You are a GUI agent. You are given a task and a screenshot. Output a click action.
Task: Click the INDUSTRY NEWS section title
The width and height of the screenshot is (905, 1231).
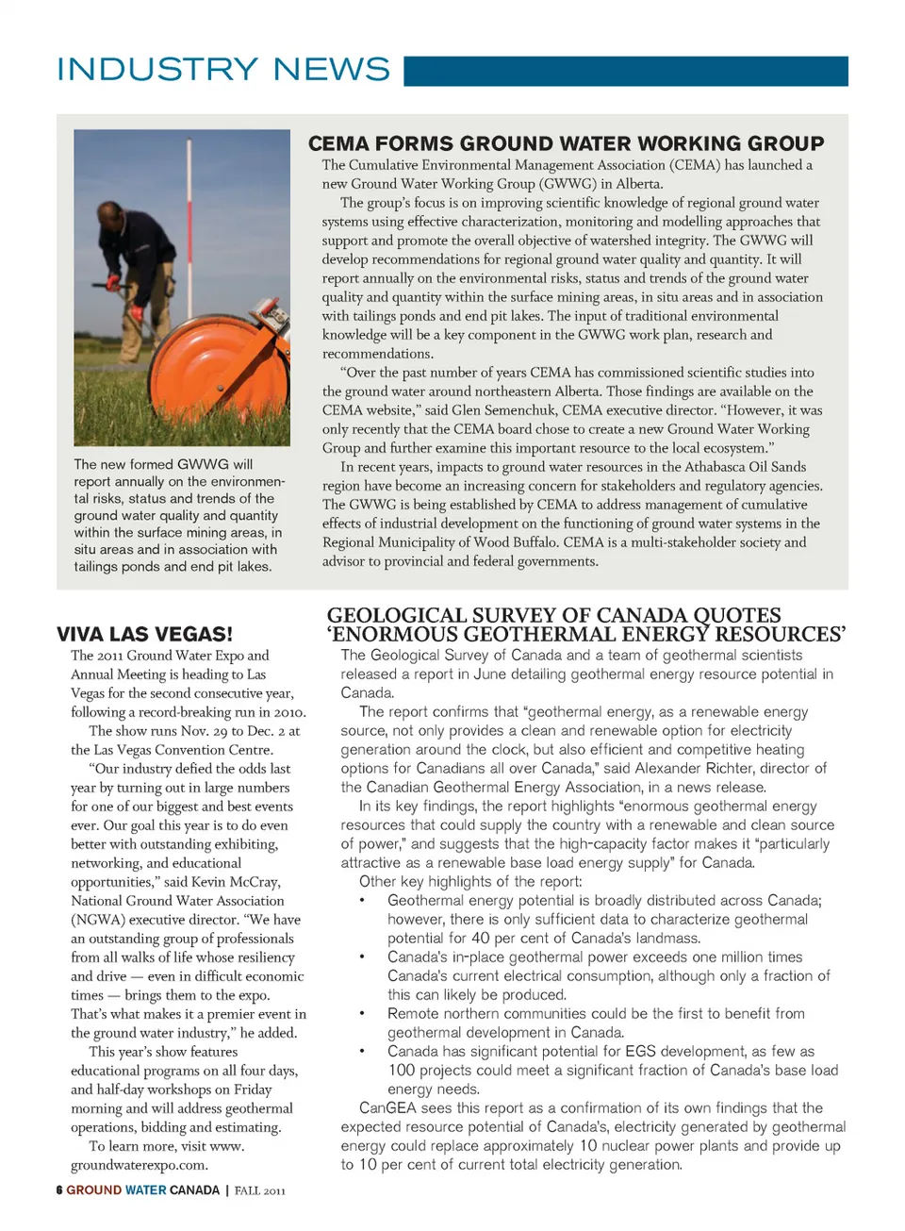tap(223, 70)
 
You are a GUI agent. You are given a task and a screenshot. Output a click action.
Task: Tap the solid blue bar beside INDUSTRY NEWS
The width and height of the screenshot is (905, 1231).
tap(626, 71)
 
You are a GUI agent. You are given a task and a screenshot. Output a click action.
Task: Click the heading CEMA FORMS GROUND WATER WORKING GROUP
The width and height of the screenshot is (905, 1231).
tap(566, 143)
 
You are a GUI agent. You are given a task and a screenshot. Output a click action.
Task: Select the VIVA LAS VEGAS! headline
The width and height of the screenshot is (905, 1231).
tap(144, 634)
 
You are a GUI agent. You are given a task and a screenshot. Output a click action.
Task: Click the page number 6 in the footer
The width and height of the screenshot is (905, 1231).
tap(59, 1190)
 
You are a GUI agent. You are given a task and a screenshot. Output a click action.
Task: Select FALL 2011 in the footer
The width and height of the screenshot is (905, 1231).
tap(260, 1190)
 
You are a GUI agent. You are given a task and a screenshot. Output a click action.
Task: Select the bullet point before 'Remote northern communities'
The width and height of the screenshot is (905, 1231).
tap(362, 1014)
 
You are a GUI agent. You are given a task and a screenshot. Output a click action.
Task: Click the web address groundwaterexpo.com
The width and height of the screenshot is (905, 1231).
tap(140, 1165)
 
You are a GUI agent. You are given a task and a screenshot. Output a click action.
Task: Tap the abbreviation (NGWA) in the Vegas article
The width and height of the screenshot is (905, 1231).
tap(96, 920)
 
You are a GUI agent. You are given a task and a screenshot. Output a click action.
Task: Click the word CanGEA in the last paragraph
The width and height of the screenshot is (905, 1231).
tap(387, 1108)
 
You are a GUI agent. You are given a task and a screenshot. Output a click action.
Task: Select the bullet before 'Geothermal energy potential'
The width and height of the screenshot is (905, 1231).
tap(362, 901)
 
